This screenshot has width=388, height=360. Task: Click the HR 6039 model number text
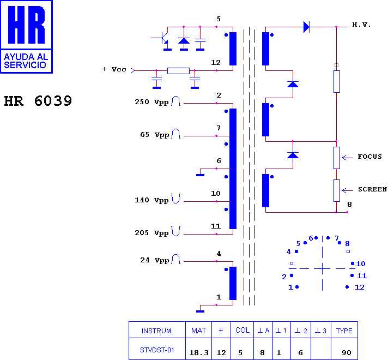(38, 101)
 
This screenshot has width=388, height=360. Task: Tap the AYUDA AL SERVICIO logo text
(26, 61)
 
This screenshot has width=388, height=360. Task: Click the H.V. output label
(361, 25)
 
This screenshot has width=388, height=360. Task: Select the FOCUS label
(369, 157)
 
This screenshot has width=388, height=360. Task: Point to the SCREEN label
(373, 189)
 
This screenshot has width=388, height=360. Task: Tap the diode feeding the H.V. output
(307, 27)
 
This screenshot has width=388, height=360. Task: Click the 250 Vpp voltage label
(151, 102)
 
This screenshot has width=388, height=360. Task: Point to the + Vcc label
(114, 69)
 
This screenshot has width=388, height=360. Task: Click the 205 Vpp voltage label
(151, 233)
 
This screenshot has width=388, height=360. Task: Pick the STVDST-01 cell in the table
(157, 350)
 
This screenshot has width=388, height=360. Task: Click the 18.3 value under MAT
(199, 352)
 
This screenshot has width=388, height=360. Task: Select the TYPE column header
(344, 331)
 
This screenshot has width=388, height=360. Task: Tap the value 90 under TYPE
(347, 352)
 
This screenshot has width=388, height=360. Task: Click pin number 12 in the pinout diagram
(360, 287)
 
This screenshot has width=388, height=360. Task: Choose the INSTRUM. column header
(157, 331)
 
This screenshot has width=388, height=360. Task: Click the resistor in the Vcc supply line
(178, 70)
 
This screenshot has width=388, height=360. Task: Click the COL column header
(242, 330)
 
